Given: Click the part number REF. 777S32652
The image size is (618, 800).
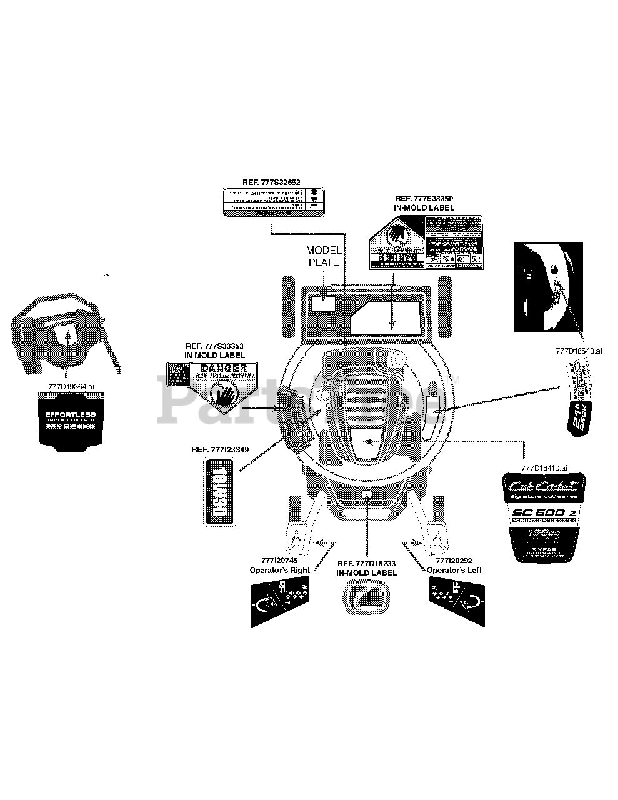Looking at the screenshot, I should pyautogui.click(x=272, y=182).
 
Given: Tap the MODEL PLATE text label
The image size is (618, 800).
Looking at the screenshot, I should pyautogui.click(x=323, y=256).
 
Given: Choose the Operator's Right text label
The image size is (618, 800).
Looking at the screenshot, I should pyautogui.click(x=279, y=570).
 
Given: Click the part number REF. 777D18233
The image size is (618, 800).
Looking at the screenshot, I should pyautogui.click(x=366, y=563).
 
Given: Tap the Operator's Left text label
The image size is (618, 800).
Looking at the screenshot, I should pyautogui.click(x=454, y=570).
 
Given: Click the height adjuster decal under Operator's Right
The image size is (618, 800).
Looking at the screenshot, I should pyautogui.click(x=279, y=602).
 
